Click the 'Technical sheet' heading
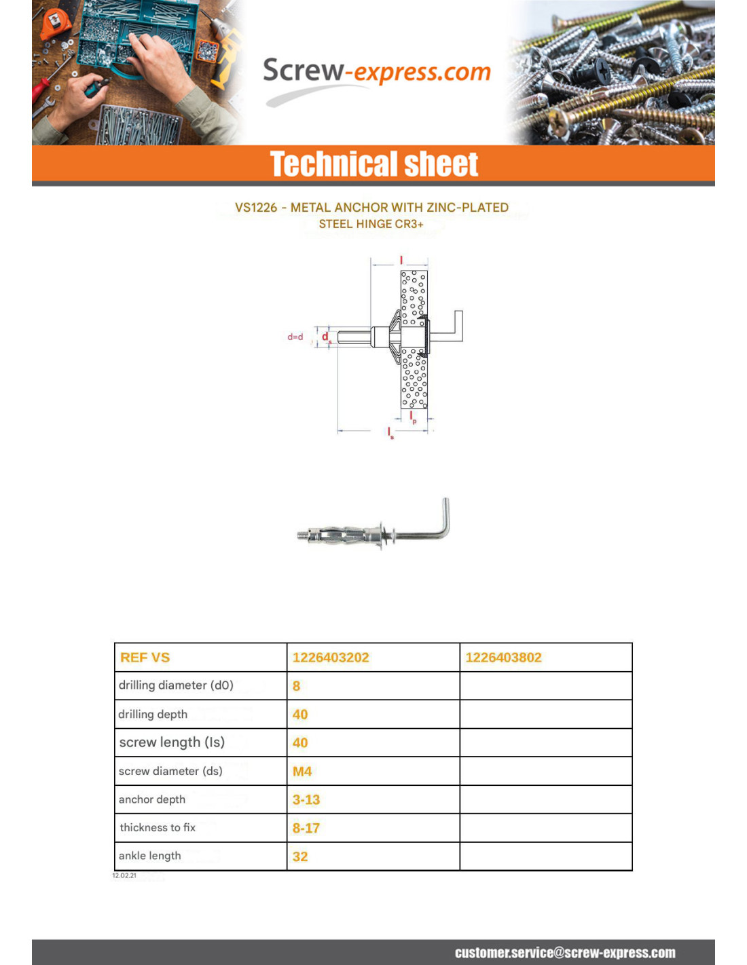point(373,164)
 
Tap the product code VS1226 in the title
point(255,208)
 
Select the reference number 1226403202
point(331,658)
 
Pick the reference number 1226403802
point(503,658)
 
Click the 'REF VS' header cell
point(145,658)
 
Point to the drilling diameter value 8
point(296,686)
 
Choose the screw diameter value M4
point(302,772)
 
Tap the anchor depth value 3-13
point(306,800)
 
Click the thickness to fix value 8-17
point(306,829)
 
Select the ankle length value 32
point(300,857)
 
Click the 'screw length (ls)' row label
point(172,742)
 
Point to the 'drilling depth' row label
point(153,715)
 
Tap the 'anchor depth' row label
point(152,800)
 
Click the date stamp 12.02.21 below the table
point(124,876)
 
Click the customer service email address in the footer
point(565,953)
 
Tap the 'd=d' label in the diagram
point(295,337)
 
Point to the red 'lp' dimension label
point(412,417)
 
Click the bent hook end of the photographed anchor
point(445,516)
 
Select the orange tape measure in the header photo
point(54,24)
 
